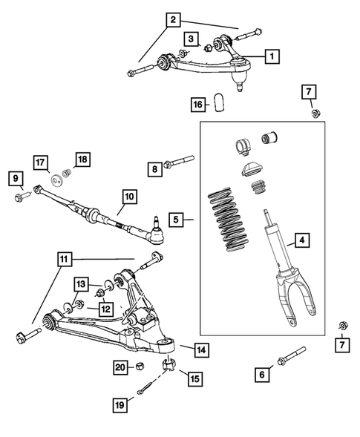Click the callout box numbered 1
tap(272, 56)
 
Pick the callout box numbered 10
tap(128, 197)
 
